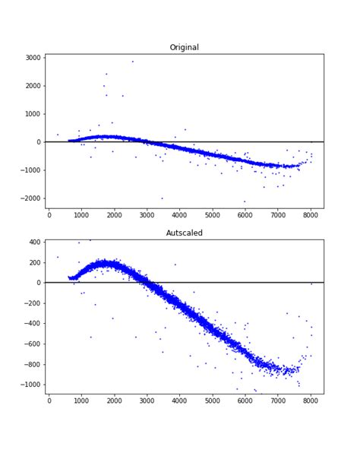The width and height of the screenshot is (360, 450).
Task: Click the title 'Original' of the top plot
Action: pos(184,47)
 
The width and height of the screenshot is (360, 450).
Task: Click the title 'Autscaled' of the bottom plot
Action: pos(184,233)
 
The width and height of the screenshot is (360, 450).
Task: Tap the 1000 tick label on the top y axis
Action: pos(31,114)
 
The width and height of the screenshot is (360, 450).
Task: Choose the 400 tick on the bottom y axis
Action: pos(35,242)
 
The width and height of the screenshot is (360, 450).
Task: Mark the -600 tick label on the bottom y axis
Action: pos(33,344)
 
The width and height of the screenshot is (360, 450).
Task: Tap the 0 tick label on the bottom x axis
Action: pos(49,401)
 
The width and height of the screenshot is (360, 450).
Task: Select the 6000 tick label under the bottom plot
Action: pos(245,401)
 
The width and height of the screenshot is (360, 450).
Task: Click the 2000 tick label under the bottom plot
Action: pos(115,401)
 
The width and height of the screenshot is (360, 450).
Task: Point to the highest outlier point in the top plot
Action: pos(132,62)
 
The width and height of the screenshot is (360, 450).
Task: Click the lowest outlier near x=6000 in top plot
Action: pos(245,201)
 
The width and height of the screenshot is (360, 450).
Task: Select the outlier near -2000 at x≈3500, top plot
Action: pos(162,198)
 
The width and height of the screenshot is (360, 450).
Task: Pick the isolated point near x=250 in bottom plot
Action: pos(57,257)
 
